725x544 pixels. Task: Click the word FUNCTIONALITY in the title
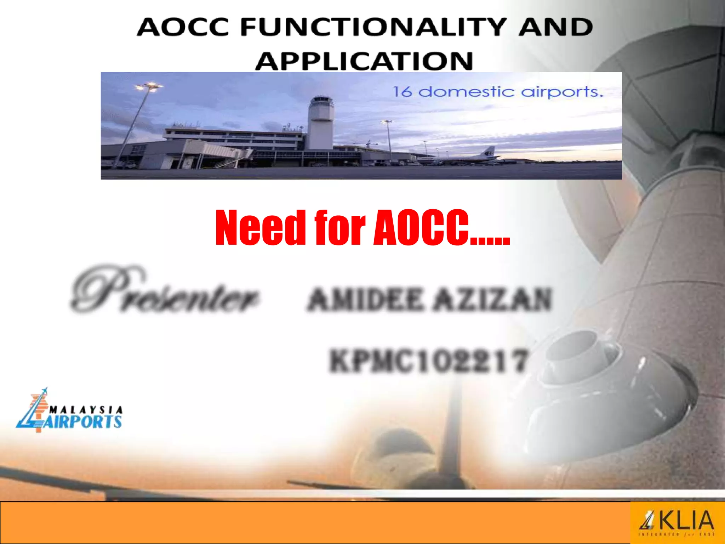pos(373,27)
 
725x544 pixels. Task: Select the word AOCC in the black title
pos(183,27)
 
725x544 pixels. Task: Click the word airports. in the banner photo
pos(562,92)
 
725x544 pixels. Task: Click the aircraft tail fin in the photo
pos(490,152)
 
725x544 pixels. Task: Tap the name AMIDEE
pos(365,299)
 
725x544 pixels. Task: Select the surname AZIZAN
pos(493,299)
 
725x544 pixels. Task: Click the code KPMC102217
pos(428,361)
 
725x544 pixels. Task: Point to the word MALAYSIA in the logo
pos(86,410)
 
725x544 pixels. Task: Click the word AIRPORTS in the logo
pos(82,422)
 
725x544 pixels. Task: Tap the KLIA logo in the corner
pos(677,522)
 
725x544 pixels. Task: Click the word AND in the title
pos(556,27)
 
